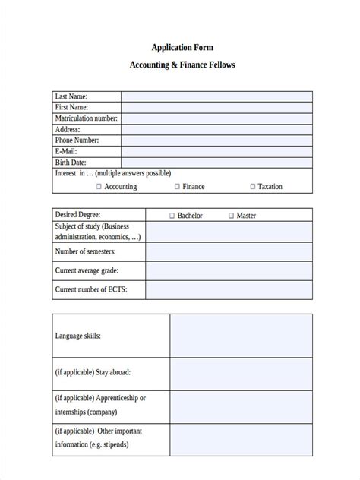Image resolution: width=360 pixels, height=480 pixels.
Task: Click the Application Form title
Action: pos(182,47)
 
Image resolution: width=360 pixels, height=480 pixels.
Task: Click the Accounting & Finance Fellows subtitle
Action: pos(182,65)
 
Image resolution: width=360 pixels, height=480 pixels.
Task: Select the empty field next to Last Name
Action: pos(216,96)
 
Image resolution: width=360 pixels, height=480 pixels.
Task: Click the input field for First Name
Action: pos(216,108)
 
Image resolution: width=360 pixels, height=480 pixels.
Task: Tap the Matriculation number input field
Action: pos(216,118)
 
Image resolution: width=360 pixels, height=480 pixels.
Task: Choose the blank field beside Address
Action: pos(216,130)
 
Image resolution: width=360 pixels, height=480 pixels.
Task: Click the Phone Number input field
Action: pos(216,141)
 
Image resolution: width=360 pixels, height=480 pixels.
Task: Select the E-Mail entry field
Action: pos(216,152)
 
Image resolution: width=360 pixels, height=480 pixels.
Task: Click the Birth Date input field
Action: pos(216,163)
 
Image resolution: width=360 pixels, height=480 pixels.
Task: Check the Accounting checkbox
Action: pos(99,186)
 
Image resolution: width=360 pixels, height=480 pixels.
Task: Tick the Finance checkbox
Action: pos(177,186)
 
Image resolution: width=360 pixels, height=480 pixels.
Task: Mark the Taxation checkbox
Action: pos(252,186)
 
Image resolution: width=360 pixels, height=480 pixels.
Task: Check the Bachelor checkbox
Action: pos(172,216)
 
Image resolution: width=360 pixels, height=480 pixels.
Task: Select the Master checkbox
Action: pos(231,216)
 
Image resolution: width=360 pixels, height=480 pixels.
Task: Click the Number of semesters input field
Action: pos(229,251)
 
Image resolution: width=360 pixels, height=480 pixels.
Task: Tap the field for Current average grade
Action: pos(229,270)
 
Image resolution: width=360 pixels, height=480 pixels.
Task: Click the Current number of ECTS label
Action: pos(90,289)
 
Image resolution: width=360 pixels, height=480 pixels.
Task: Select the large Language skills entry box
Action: pos(241,335)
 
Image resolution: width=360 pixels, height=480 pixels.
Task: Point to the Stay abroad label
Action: pos(93,372)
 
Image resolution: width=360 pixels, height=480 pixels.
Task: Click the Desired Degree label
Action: pos(77,215)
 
